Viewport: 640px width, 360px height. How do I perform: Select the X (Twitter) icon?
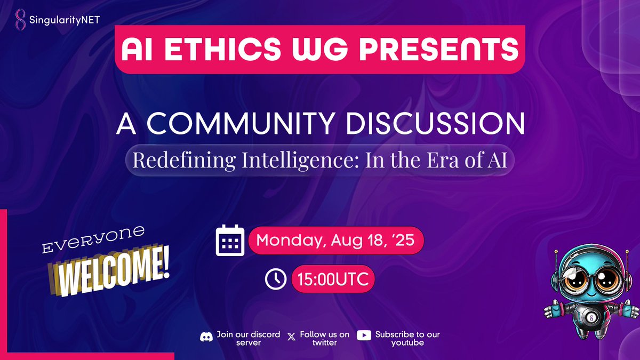tap(291, 337)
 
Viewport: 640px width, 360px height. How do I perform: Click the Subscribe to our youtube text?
tap(407, 339)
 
